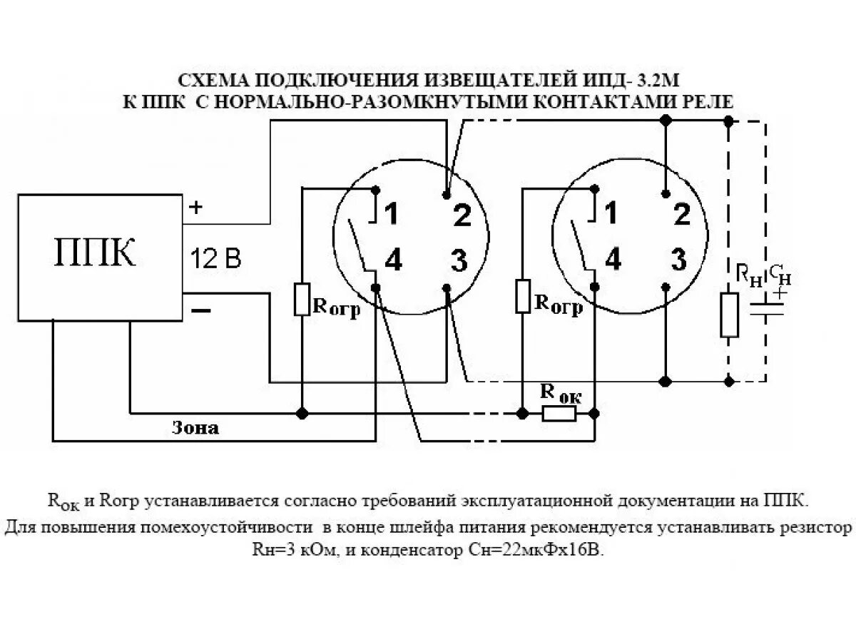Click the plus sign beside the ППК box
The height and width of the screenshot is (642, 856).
[x=195, y=208]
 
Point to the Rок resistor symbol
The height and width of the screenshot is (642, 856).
[x=559, y=414]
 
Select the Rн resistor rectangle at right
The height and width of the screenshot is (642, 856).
[x=729, y=315]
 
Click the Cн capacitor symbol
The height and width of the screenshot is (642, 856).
[x=767, y=310]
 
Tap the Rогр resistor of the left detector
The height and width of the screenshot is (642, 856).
[x=302, y=299]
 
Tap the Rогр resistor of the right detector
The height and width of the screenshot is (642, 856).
[x=523, y=296]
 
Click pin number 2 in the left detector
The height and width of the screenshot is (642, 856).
[x=462, y=215]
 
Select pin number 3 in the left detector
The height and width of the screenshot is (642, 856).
[x=459, y=262]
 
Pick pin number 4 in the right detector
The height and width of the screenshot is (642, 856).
[x=613, y=261]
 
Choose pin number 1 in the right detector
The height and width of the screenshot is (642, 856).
[x=611, y=213]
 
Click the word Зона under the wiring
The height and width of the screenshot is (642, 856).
[x=195, y=429]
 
